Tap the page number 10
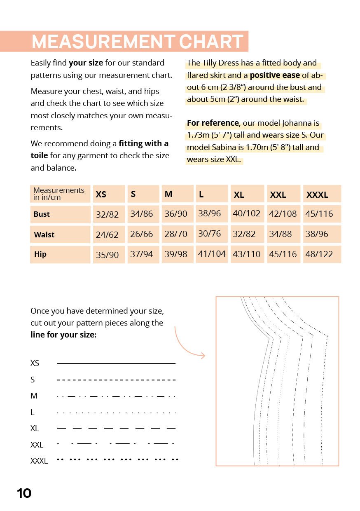tap(24, 493)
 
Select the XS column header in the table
tap(101, 195)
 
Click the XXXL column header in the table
tap(317, 195)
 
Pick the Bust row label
tap(42, 214)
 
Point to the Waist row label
tap(44, 235)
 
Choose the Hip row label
tap(40, 254)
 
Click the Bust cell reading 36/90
tap(175, 214)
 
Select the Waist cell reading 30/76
tap(209, 234)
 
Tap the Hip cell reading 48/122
tap(319, 254)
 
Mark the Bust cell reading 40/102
tap(246, 213)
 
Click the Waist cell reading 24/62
tap(107, 235)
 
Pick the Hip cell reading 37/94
tap(141, 254)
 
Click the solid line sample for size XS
tap(116, 363)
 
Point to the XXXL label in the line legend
tap(39, 461)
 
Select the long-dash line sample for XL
tap(116, 429)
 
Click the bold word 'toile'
tap(39, 156)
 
